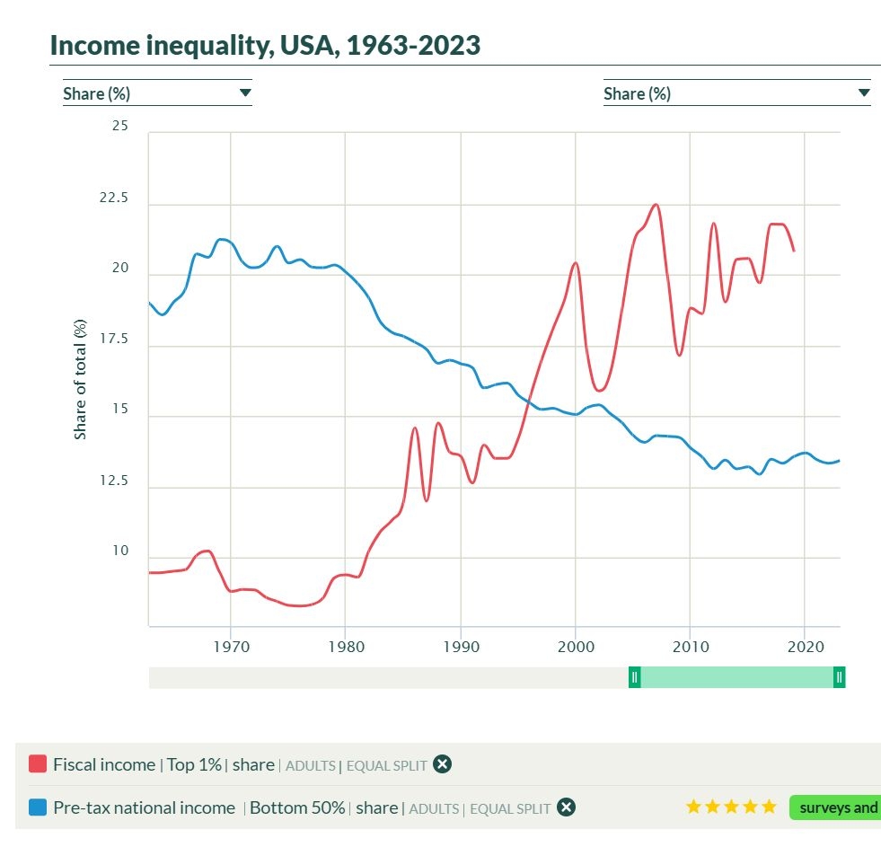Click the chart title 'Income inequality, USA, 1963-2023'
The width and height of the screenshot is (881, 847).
(x=265, y=45)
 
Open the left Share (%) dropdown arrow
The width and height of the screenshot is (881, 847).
(x=245, y=93)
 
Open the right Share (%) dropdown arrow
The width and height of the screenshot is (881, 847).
(x=864, y=93)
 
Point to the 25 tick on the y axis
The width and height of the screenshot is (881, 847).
(x=119, y=127)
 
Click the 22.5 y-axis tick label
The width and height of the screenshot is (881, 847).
(x=114, y=198)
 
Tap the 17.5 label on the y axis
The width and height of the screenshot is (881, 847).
(x=114, y=340)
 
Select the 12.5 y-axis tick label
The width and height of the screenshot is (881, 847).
(x=114, y=481)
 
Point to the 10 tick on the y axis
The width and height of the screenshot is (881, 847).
(x=119, y=551)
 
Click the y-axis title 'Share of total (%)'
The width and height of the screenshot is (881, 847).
(x=81, y=379)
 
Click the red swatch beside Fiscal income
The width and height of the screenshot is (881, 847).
(x=38, y=764)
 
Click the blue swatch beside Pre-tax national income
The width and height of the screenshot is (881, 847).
(x=38, y=807)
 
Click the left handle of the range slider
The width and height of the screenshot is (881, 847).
(x=634, y=677)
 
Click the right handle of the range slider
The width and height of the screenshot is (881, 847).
(x=839, y=677)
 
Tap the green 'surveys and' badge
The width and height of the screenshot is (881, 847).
(x=836, y=807)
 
